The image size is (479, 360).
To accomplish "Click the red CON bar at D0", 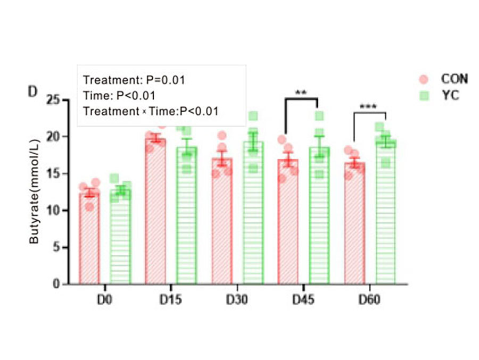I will [x=89, y=239].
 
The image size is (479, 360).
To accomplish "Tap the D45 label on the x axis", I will [x=303, y=300].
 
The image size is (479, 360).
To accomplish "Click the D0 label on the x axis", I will [x=105, y=300].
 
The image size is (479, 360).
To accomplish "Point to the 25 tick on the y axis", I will [x=53, y=100].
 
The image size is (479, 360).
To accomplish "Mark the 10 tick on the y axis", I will [x=53, y=211].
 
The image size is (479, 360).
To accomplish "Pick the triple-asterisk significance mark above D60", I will [x=368, y=107].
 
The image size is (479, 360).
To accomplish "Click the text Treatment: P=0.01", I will [x=134, y=80].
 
